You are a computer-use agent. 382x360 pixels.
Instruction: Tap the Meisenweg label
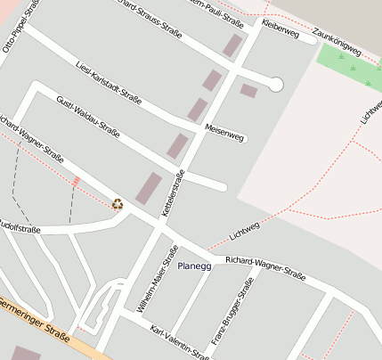tap(224, 132)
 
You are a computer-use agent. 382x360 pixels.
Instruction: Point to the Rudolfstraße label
tap(20, 229)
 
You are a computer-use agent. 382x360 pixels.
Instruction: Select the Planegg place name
tap(195, 266)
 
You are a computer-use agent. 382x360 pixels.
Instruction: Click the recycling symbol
tap(118, 204)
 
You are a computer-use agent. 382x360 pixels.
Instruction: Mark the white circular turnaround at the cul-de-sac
tap(276, 85)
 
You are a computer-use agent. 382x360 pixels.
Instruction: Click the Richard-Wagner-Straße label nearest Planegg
tap(265, 268)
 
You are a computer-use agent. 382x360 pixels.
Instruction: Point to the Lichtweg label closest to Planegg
tap(244, 232)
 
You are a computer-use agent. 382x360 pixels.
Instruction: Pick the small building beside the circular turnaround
tap(248, 90)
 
